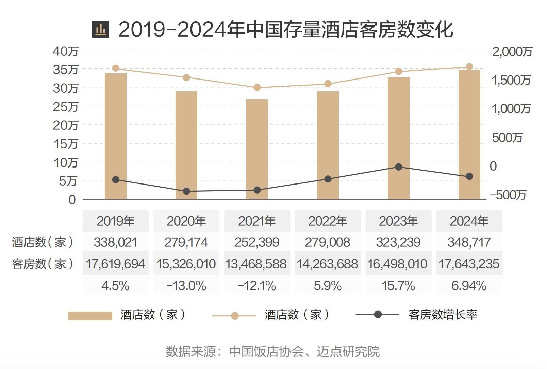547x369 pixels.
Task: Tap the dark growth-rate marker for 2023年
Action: [x=399, y=167]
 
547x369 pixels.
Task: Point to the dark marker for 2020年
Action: [x=186, y=191]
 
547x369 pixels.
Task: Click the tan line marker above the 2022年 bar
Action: [x=328, y=84]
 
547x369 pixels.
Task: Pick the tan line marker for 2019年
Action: [x=116, y=68]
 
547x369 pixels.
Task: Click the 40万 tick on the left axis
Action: [x=66, y=51]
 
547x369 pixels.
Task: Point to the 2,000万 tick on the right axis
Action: [x=512, y=52]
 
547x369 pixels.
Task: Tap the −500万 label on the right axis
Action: [x=508, y=195]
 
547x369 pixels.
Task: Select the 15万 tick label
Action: [x=66, y=144]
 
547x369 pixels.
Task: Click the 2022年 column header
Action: [x=328, y=221]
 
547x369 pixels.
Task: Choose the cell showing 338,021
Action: [x=115, y=242]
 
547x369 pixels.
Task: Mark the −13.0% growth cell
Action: [x=186, y=286]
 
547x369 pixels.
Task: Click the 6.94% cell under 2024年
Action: [x=469, y=286]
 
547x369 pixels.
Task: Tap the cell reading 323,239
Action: [x=398, y=242]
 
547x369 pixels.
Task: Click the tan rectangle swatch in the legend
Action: [x=90, y=316]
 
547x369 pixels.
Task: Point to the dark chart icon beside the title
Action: [x=101, y=30]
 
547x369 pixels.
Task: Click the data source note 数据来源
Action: [x=272, y=351]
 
